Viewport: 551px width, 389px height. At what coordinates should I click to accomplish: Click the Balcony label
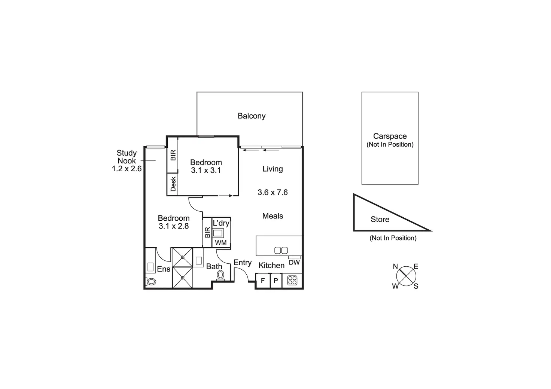point(252,116)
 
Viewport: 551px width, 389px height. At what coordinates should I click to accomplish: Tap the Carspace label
point(390,137)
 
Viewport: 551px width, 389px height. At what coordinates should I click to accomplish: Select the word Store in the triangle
point(380,220)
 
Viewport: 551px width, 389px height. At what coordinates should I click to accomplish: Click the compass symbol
point(406,276)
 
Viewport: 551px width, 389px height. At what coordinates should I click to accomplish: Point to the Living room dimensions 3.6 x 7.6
point(273,192)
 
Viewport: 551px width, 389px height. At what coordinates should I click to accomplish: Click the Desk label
point(173,184)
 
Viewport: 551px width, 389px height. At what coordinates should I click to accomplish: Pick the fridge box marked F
point(263,281)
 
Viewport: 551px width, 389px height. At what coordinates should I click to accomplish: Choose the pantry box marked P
point(276,281)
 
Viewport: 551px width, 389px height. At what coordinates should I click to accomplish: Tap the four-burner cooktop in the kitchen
point(292,280)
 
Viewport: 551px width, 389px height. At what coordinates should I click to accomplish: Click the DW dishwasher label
point(294,263)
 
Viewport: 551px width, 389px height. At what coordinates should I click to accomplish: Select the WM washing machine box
point(221,243)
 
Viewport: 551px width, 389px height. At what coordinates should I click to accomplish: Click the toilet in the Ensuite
point(150,281)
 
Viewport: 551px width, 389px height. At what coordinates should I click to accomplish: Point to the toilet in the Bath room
point(220,275)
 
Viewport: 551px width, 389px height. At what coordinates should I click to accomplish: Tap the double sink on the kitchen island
point(281,250)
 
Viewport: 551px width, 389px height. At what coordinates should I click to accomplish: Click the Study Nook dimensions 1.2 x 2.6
point(127,169)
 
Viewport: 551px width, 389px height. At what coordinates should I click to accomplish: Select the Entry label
point(243,263)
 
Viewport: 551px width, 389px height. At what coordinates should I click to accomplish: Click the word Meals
point(273,216)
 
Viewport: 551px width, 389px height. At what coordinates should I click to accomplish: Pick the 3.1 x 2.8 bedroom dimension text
point(174,226)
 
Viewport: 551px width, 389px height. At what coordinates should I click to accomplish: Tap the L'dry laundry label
point(221,223)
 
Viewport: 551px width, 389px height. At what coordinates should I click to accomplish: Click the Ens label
point(164,269)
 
